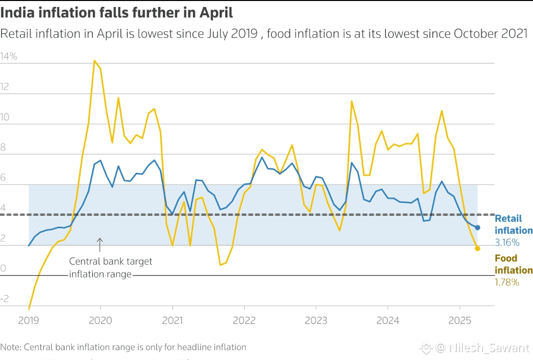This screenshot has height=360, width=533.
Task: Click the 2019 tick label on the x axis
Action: [x=29, y=320]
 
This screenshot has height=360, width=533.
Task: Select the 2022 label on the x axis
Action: [x=244, y=320]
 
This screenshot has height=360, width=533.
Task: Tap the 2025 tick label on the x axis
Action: [x=460, y=320]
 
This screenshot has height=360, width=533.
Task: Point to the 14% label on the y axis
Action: [x=9, y=57]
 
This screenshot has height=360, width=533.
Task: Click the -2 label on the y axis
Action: [x=5, y=299]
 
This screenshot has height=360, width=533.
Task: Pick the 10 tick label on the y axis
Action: [x=5, y=117]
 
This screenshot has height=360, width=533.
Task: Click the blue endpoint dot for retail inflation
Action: [x=477, y=227]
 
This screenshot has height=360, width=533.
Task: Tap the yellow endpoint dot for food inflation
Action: [x=477, y=248]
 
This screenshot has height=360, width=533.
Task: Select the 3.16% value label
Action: [x=507, y=242]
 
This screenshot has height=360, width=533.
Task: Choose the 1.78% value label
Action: [x=507, y=282]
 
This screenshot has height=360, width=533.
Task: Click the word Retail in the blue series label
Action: [x=508, y=218]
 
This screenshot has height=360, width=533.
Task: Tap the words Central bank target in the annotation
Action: [x=111, y=261]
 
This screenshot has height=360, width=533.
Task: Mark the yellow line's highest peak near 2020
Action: [x=94, y=61]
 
